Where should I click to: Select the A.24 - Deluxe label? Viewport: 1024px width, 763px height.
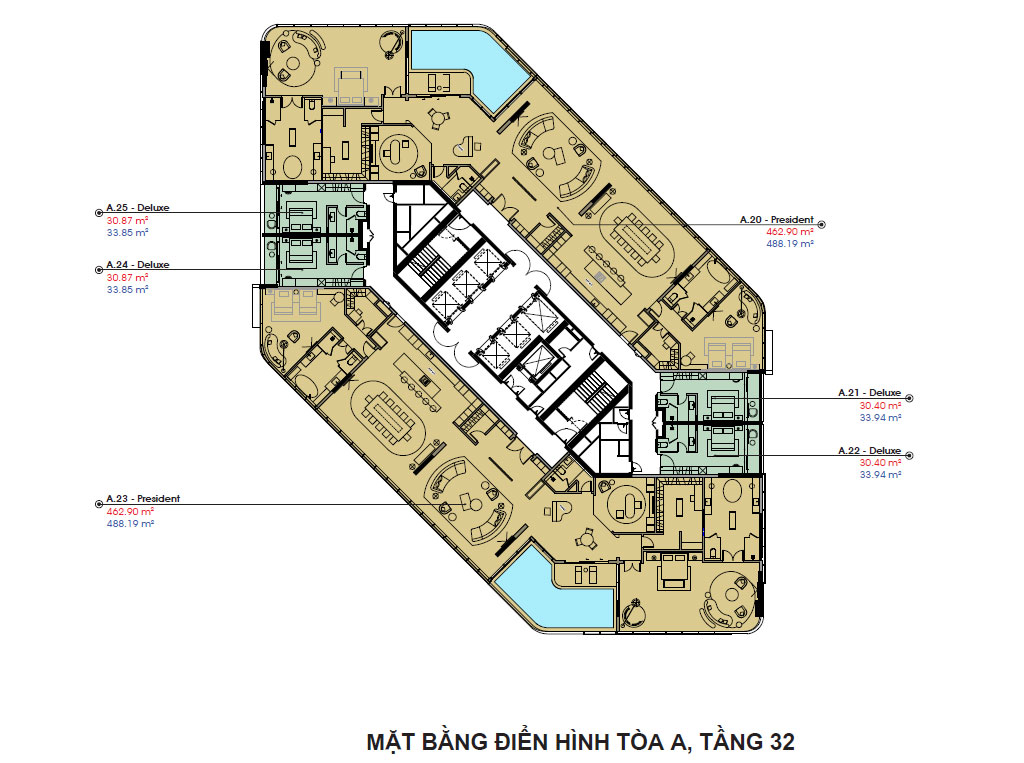click(137, 265)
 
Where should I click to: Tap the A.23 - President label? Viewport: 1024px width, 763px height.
click(143, 498)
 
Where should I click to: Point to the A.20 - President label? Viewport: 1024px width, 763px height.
click(776, 219)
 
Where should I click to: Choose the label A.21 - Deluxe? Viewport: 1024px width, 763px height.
click(870, 394)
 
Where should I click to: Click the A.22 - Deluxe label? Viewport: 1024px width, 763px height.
click(870, 451)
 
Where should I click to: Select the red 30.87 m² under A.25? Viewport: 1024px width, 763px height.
click(127, 221)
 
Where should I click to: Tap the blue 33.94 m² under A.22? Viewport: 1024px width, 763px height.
click(880, 475)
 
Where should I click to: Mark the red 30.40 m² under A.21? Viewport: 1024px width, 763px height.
click(880, 406)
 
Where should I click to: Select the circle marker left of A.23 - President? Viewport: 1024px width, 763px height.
click(97, 503)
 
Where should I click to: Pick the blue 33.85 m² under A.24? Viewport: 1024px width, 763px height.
click(127, 289)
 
